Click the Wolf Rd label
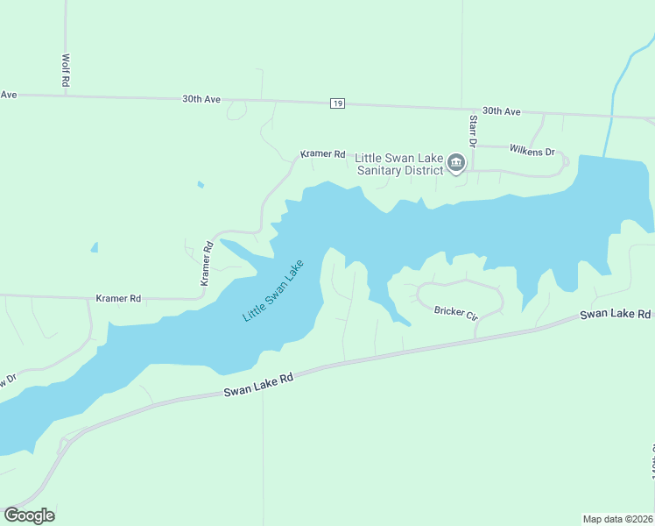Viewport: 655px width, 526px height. click(x=66, y=69)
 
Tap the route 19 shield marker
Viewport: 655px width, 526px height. click(x=337, y=103)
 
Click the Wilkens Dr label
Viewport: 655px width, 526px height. click(x=532, y=151)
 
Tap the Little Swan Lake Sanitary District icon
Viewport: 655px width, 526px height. click(x=456, y=163)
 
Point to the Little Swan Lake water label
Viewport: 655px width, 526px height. click(x=272, y=290)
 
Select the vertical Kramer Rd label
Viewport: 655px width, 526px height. click(x=207, y=264)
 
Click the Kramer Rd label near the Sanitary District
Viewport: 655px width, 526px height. click(x=322, y=153)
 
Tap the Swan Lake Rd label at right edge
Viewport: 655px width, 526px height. click(x=616, y=314)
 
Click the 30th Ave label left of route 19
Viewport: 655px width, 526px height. click(x=201, y=99)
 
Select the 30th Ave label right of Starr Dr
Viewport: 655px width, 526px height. click(x=501, y=111)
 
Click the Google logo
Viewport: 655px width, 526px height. click(x=29, y=515)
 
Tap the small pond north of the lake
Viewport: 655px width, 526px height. click(x=201, y=184)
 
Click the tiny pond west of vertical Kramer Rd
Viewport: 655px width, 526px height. click(x=95, y=248)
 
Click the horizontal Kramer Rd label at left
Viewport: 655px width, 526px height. click(x=118, y=299)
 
